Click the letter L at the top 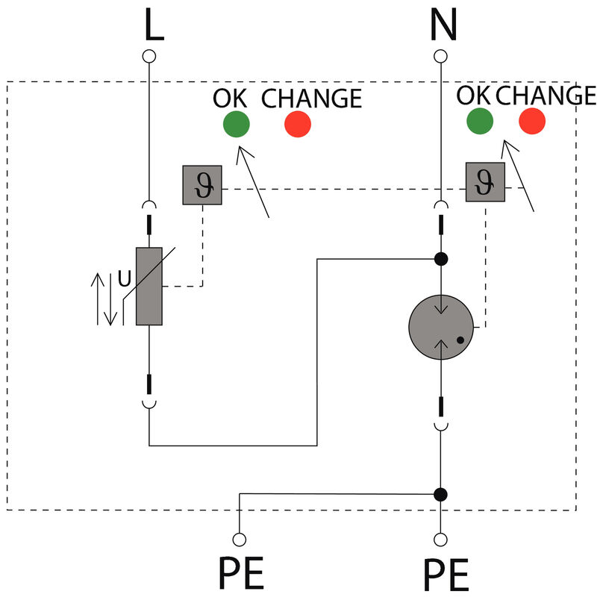click(x=153, y=27)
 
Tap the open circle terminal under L click(x=149, y=57)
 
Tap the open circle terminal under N click(x=441, y=57)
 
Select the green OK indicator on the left click(x=237, y=124)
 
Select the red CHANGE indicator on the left click(x=298, y=124)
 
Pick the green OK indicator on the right click(x=480, y=121)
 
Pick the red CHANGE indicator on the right click(x=532, y=121)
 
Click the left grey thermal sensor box click(x=202, y=184)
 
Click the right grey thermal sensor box click(x=485, y=181)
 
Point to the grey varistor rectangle click(x=149, y=286)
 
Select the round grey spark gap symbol click(x=441, y=327)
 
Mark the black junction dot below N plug click(x=441, y=259)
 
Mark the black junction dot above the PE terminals click(x=441, y=494)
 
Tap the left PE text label click(x=241, y=575)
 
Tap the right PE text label click(x=446, y=577)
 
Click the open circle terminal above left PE click(x=240, y=538)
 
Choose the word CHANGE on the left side click(x=312, y=99)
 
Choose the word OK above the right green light click(x=474, y=96)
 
